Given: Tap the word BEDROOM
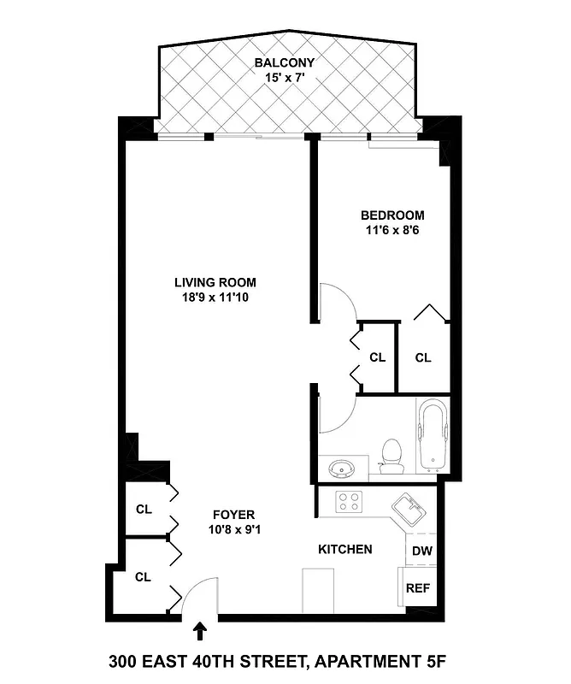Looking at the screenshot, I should point(391,215).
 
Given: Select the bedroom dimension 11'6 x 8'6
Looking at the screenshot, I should point(391,230).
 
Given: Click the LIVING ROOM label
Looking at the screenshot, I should point(215,283).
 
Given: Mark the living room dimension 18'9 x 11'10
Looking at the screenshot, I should point(215,298).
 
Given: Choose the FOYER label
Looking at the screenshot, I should point(233,515).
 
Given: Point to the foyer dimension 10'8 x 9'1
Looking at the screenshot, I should point(233,529).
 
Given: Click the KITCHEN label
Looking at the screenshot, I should point(344,549).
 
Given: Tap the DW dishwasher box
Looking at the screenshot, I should point(421,551).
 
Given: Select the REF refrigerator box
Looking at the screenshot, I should point(418,588).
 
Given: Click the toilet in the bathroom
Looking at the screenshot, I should point(391,455).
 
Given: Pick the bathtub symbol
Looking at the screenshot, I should point(433,436).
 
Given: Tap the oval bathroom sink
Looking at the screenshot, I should point(343,469).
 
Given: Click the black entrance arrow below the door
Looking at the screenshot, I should point(201,632).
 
